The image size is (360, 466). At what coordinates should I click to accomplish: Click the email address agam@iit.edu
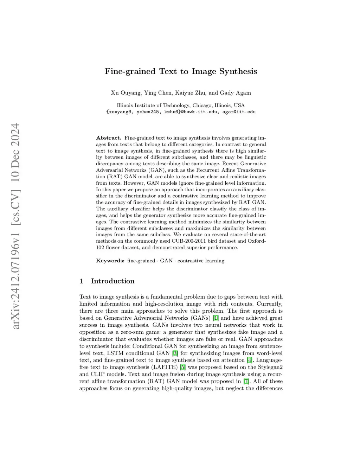click(x=239, y=112)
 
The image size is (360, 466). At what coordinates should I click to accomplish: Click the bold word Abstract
click(x=109, y=138)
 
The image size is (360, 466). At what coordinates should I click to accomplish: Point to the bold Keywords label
click(x=110, y=261)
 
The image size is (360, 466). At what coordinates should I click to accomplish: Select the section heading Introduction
click(x=112, y=281)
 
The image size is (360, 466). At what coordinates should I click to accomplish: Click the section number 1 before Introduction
click(x=81, y=281)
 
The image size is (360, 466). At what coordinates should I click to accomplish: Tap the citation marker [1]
click(x=216, y=318)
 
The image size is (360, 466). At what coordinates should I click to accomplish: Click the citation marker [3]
click(x=175, y=353)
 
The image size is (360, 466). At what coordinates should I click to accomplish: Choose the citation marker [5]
click(x=183, y=367)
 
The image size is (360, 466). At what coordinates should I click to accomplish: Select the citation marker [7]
click(x=246, y=381)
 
